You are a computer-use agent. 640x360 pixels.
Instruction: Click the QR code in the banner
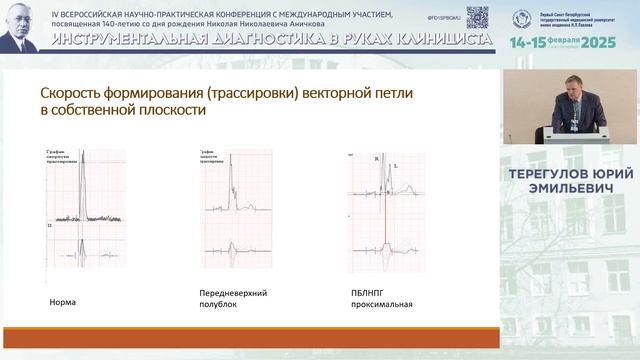477,16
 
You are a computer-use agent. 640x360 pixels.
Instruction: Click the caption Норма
62,301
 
